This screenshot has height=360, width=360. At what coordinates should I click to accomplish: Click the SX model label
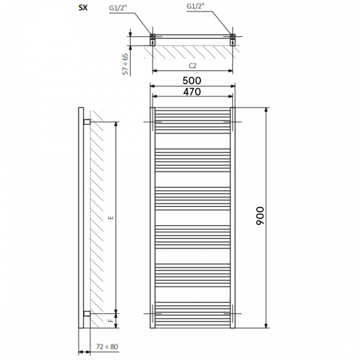(83, 8)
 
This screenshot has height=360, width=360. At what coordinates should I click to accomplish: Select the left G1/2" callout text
(118, 8)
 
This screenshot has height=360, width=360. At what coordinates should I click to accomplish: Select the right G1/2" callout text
(195, 6)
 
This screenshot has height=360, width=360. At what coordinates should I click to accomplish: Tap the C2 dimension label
(192, 66)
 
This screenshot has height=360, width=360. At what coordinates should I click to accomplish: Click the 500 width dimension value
(192, 81)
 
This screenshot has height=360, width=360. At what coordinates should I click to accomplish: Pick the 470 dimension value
(192, 92)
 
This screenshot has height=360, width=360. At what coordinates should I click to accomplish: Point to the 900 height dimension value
(260, 216)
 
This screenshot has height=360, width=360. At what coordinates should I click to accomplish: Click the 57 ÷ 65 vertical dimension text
(125, 64)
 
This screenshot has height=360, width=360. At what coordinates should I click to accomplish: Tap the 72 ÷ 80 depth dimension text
(107, 346)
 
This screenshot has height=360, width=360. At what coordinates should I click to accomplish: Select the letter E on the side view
(111, 217)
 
